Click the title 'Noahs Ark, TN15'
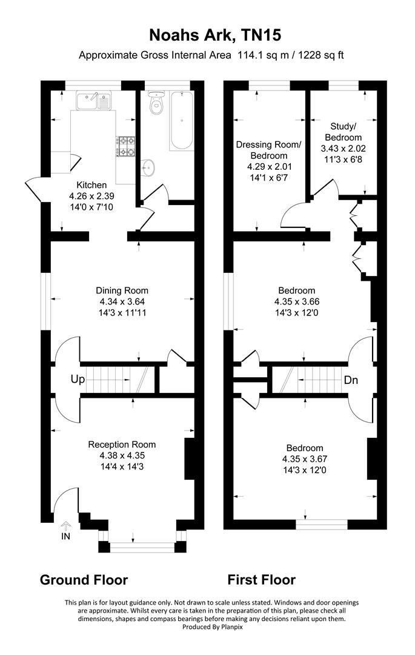pos(207,36)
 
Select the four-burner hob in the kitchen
pos(127,146)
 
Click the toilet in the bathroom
pos(157,104)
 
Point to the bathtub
pos(180,121)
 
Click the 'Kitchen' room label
pos(91,185)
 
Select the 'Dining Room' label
pos(122,291)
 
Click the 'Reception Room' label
pos(122,444)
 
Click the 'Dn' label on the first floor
pos(351,381)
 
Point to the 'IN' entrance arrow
pos(66,529)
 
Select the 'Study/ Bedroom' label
pos(344,132)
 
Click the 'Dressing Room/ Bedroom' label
pos(268,150)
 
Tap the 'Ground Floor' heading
pos(84,580)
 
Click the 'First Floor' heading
pos(261,580)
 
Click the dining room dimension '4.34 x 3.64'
pos(122,301)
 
